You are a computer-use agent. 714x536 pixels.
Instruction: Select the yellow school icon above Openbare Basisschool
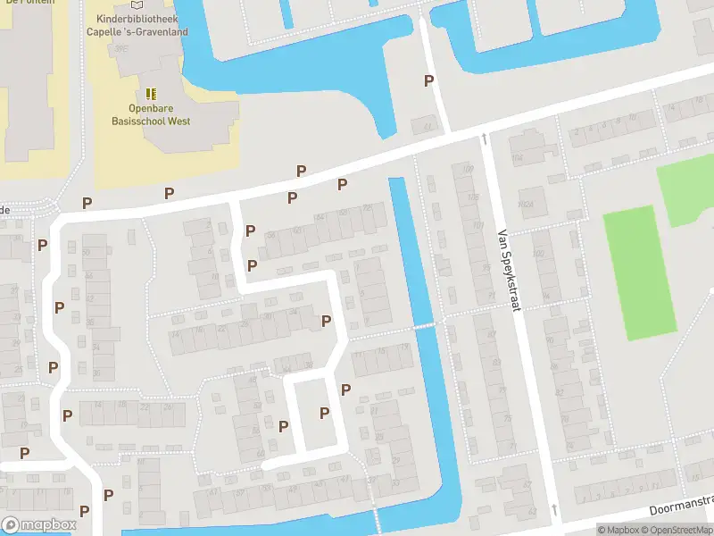151,93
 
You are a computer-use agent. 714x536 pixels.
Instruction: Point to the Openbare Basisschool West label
151,113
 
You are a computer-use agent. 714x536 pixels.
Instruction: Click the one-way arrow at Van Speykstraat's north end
483,138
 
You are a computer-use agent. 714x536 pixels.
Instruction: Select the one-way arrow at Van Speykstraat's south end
554,509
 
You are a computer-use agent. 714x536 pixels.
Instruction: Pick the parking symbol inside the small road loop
325,413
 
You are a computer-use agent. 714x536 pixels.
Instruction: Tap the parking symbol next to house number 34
326,321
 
